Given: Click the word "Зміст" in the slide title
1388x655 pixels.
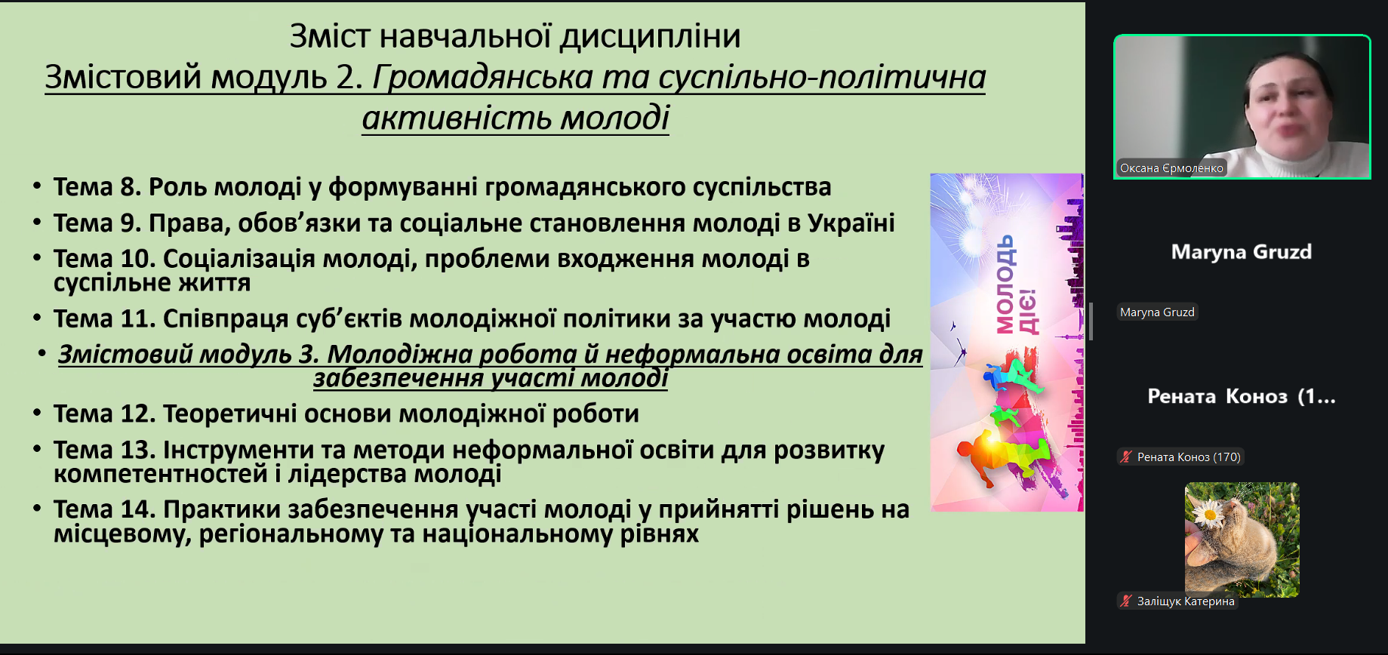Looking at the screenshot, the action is pyautogui.click(x=330, y=36).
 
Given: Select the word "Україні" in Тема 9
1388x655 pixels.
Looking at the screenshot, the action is pyautogui.click(x=851, y=223).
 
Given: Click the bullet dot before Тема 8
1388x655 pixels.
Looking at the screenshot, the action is pyautogui.click(x=37, y=186).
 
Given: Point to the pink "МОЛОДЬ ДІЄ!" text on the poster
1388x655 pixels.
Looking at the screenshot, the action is pyautogui.click(x=1016, y=285).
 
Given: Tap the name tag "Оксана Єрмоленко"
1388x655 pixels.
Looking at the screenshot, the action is pyautogui.click(x=1171, y=168).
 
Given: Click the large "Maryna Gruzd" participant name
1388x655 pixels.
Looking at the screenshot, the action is pyautogui.click(x=1242, y=252).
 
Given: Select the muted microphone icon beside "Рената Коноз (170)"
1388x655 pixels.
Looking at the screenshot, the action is pyautogui.click(x=1126, y=457).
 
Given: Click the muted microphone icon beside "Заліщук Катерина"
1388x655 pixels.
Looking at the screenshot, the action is pyautogui.click(x=1126, y=601).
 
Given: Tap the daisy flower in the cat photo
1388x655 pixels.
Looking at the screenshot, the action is pyautogui.click(x=1210, y=514).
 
